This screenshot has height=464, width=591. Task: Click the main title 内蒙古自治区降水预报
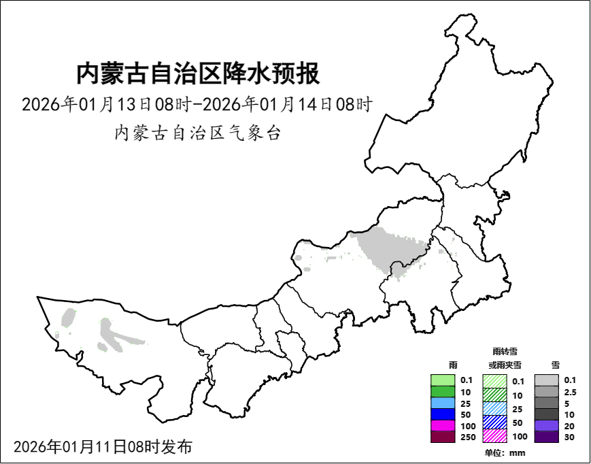197,73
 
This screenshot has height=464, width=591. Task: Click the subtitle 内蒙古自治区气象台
197,133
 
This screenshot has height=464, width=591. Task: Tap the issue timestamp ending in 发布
102,447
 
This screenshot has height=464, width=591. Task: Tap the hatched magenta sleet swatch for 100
494,435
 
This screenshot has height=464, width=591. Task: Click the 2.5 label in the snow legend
570,392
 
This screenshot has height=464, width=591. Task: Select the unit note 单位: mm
505,453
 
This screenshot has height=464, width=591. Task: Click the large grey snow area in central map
391,248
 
